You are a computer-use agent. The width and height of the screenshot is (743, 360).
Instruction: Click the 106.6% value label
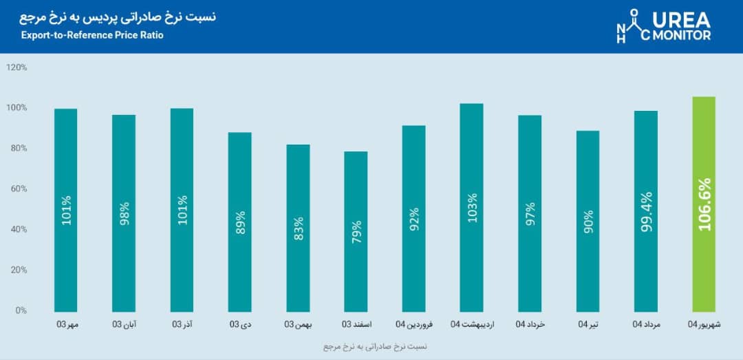[704, 204]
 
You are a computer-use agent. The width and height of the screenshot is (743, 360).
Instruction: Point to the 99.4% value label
[646, 212]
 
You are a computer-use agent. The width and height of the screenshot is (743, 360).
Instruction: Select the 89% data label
[240, 221]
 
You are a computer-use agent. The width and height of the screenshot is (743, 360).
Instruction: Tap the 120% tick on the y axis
[17, 67]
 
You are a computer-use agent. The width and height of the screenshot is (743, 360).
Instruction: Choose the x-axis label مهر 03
[66, 324]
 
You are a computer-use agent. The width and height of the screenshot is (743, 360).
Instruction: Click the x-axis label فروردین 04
[414, 324]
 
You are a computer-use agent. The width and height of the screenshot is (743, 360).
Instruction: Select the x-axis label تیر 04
[588, 324]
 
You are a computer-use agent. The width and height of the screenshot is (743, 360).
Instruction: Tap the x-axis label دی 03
[240, 324]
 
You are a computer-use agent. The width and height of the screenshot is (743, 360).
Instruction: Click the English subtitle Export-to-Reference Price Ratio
[92, 35]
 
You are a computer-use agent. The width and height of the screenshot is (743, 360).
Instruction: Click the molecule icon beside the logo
[631, 27]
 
